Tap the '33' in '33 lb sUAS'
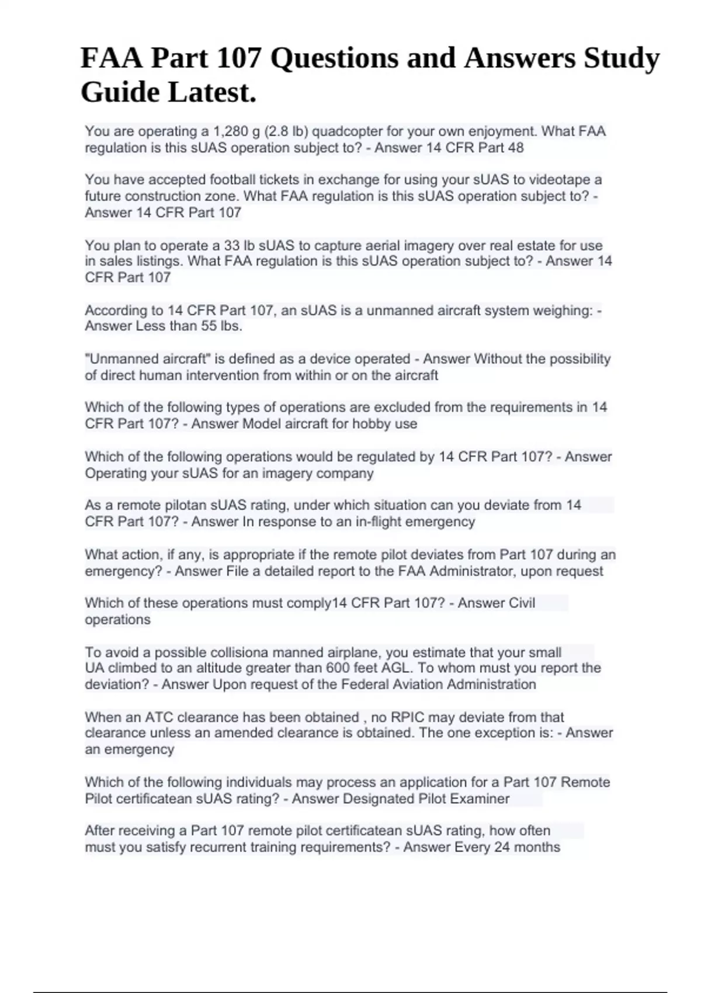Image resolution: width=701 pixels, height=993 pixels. click(232, 246)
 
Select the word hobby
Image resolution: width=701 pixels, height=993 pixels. click(370, 424)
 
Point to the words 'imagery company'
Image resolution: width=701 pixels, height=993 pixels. click(316, 473)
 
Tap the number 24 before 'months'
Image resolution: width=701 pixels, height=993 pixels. click(502, 847)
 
